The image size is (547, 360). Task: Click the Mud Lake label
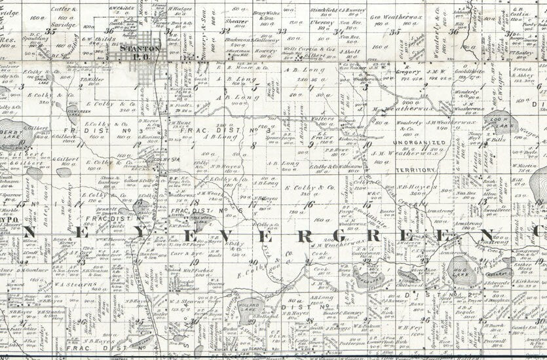(461, 267)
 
